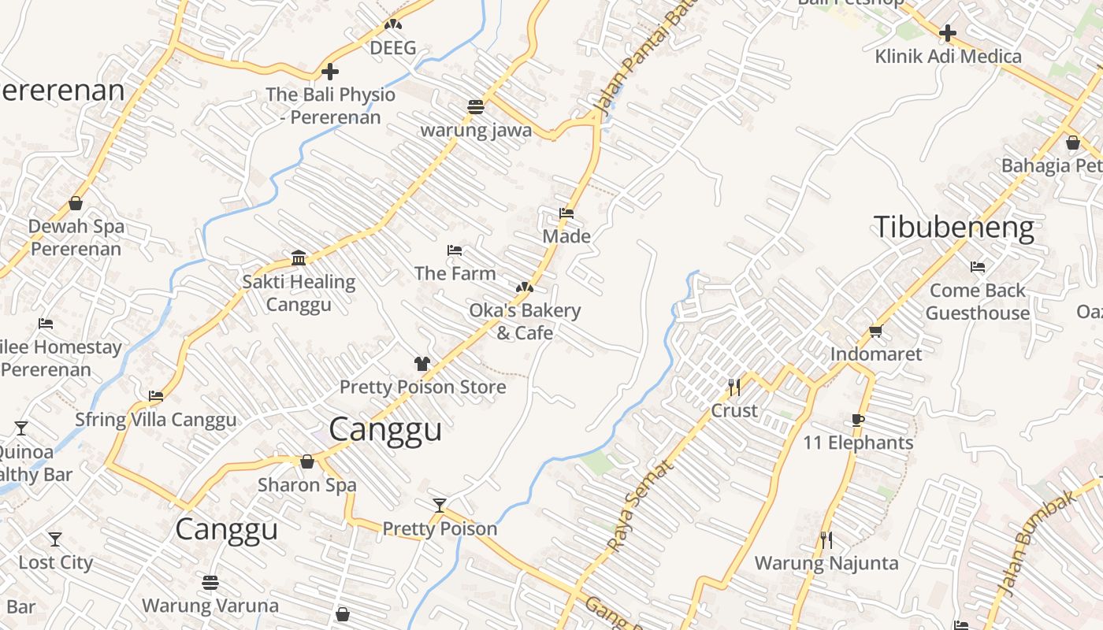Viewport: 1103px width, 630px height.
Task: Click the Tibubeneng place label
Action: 953,228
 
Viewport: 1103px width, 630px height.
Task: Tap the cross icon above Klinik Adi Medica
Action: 948,34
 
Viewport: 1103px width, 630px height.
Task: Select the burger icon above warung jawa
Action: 476,106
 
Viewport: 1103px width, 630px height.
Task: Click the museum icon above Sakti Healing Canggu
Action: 299,258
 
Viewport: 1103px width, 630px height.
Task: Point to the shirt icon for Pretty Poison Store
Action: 422,363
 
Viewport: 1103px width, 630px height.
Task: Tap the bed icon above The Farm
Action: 455,250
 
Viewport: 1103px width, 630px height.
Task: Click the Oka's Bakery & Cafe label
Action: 525,321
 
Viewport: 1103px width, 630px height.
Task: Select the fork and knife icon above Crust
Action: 734,387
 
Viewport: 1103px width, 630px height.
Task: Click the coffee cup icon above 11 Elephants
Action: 858,419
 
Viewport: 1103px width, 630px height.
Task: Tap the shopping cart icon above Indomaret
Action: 875,331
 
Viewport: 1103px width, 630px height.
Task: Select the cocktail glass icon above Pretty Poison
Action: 440,505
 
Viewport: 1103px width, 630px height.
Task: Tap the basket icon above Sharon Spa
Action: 307,461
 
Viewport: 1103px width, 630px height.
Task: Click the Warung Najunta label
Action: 826,563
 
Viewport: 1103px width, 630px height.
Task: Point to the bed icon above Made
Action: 566,213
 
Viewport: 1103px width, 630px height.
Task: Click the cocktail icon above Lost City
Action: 54,539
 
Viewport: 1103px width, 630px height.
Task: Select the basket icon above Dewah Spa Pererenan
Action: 76,203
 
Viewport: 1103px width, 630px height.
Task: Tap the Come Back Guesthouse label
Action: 978,302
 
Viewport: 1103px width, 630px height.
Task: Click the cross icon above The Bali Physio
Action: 330,72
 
